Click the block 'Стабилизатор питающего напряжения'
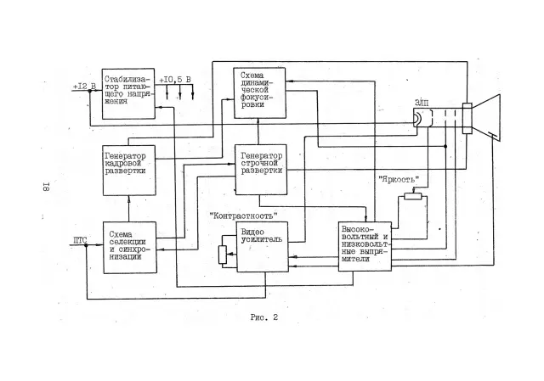pyautogui.click(x=128, y=94)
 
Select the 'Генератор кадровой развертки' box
pyautogui.click(x=129, y=170)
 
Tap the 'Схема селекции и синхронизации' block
pyautogui.click(x=130, y=247)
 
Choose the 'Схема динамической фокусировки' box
pyautogui.click(x=259, y=92)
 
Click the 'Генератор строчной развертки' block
pyautogui.click(x=261, y=170)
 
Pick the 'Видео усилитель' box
pyautogui.click(x=263, y=247)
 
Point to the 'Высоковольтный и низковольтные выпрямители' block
pyautogui.click(x=365, y=246)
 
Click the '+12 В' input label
pyautogui.click(x=84, y=86)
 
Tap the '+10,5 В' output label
pyautogui.click(x=175, y=80)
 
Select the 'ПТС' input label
pyautogui.click(x=80, y=240)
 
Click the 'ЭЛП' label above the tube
pyautogui.click(x=422, y=103)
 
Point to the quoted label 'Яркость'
pyautogui.click(x=399, y=179)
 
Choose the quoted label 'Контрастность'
pyautogui.click(x=244, y=216)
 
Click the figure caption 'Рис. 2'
pyautogui.click(x=264, y=317)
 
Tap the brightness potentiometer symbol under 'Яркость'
pyautogui.click(x=413, y=197)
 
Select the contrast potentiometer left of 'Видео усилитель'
pyautogui.click(x=223, y=255)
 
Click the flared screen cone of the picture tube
pyautogui.click(x=486, y=118)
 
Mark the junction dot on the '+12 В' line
pyautogui.click(x=89, y=91)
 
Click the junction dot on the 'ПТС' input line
pyautogui.click(x=87, y=245)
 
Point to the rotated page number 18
pyautogui.click(x=46, y=187)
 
